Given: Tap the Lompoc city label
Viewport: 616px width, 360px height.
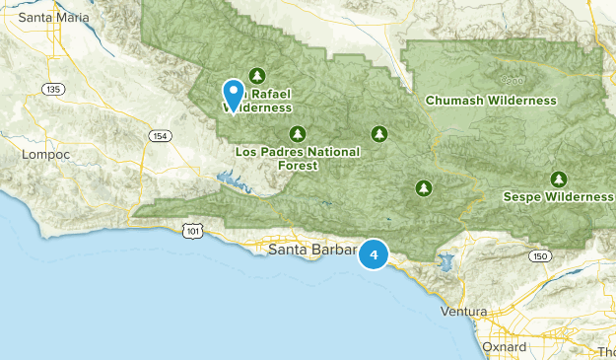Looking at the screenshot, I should (44, 154).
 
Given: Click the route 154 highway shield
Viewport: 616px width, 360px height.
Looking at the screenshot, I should (158, 135).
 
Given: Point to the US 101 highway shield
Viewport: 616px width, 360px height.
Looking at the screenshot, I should (191, 230).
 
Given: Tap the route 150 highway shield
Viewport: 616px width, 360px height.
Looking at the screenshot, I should (536, 256).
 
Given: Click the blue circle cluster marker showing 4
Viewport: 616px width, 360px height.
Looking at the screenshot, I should (374, 254).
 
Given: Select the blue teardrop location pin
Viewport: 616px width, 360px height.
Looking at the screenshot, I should (234, 96).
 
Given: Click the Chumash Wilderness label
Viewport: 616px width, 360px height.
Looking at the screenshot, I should (491, 101).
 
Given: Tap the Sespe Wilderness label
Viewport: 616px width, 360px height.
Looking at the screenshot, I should (557, 196).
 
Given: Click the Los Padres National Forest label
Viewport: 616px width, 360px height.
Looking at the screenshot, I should (298, 159).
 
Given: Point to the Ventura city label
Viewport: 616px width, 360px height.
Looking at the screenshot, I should (463, 312).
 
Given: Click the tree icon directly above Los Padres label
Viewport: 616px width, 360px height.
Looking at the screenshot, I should (297, 133).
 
